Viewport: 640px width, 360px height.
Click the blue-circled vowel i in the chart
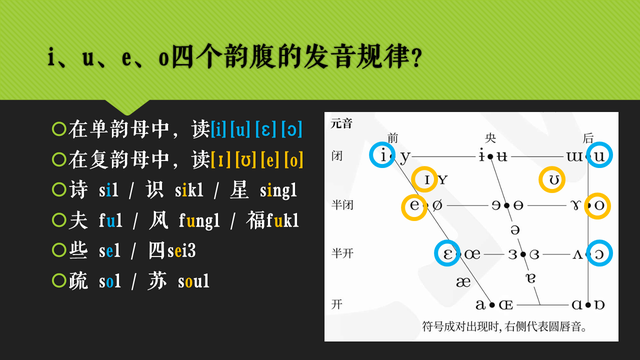(384, 156)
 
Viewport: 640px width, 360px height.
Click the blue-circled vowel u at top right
(599, 156)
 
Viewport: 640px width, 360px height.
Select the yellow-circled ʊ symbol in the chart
(552, 180)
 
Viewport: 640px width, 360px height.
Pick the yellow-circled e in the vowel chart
(415, 206)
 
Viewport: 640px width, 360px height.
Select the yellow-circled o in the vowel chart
(599, 206)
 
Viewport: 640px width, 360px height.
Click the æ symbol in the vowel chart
(462, 282)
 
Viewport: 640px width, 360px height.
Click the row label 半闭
(341, 206)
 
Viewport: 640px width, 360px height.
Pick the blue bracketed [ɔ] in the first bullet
(291, 129)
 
